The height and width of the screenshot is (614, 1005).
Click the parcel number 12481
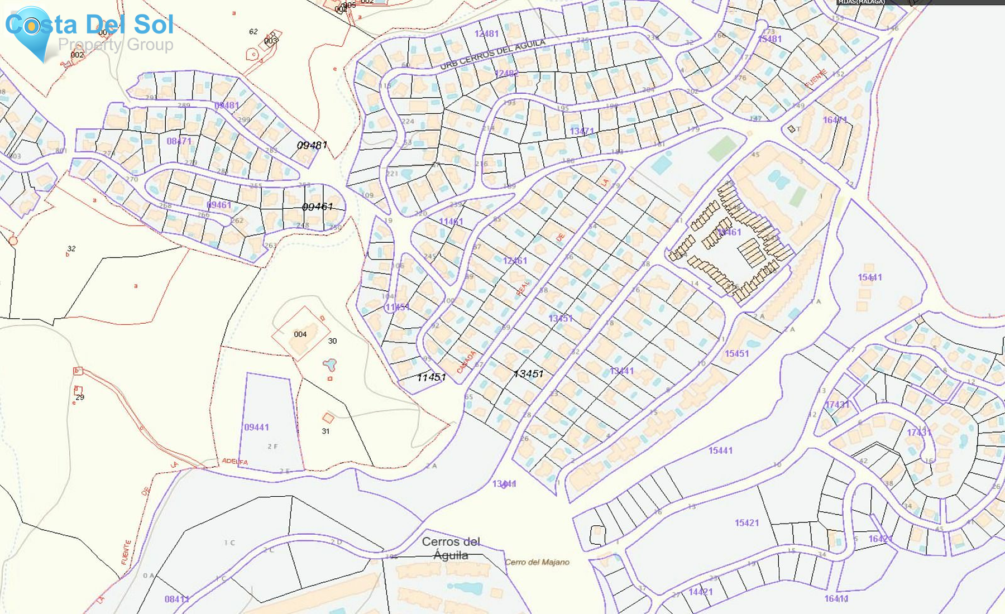pos(486,34)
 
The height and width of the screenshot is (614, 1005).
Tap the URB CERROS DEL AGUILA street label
pos(492,54)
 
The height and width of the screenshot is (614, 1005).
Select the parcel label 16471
pos(835,120)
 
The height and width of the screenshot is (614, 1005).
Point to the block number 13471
pos(582,131)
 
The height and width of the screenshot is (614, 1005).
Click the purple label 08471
pos(179,141)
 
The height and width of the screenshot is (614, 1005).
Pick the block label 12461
pos(515,261)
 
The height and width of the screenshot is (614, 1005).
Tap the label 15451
pos(736,353)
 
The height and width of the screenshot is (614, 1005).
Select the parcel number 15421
pos(746,523)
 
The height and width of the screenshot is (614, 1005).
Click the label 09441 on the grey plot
pos(256,427)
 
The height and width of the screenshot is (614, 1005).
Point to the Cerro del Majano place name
pos(537,562)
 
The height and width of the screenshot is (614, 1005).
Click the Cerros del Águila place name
pos(451,548)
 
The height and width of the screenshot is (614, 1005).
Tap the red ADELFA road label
pos(234,462)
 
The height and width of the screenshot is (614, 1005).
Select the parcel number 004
pos(300,334)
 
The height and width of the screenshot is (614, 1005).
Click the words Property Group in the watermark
pos(116,45)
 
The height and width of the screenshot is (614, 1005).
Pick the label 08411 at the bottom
pos(176,599)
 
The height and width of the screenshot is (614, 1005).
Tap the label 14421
pos(700,592)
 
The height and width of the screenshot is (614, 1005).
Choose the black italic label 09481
pos(312,145)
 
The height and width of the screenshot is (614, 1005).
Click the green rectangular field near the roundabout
pos(722,148)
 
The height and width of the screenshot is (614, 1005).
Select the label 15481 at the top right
pos(769,39)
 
